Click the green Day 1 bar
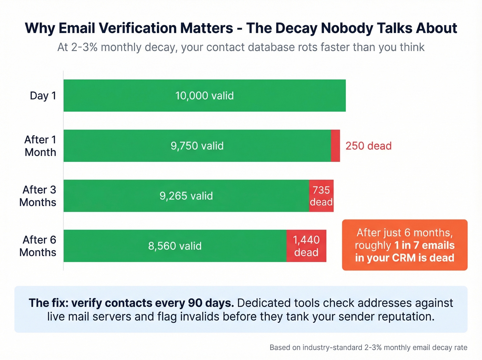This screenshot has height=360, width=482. tap(205, 95)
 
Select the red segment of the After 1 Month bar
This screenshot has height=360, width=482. tap(335, 146)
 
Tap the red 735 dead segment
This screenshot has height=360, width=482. tap(321, 196)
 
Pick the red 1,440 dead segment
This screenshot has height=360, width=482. tap(306, 246)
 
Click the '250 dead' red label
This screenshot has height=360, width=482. tap(368, 146)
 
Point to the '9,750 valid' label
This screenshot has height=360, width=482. tap(197, 146)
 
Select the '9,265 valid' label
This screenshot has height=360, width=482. tap(186, 196)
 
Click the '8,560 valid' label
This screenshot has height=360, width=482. tap(175, 246)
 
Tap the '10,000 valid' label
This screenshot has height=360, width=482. tap(205, 96)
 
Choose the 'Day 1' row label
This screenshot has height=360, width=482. tap(43, 96)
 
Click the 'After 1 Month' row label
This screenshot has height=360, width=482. tap(40, 146)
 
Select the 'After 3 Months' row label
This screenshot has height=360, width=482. tap(38, 196)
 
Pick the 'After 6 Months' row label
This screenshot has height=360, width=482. tap(38, 246)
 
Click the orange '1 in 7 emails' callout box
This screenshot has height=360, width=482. tap(405, 245)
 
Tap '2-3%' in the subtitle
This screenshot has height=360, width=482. tap(84, 47)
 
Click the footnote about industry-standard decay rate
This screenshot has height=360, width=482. tap(368, 347)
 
